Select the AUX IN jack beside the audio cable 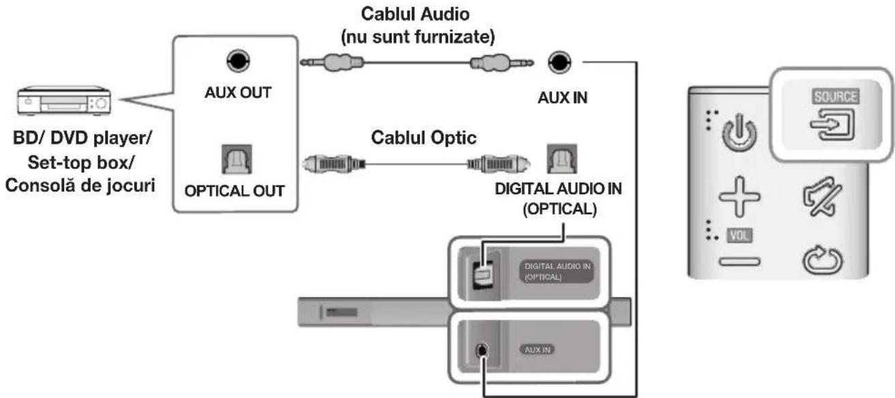click(x=561, y=63)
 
